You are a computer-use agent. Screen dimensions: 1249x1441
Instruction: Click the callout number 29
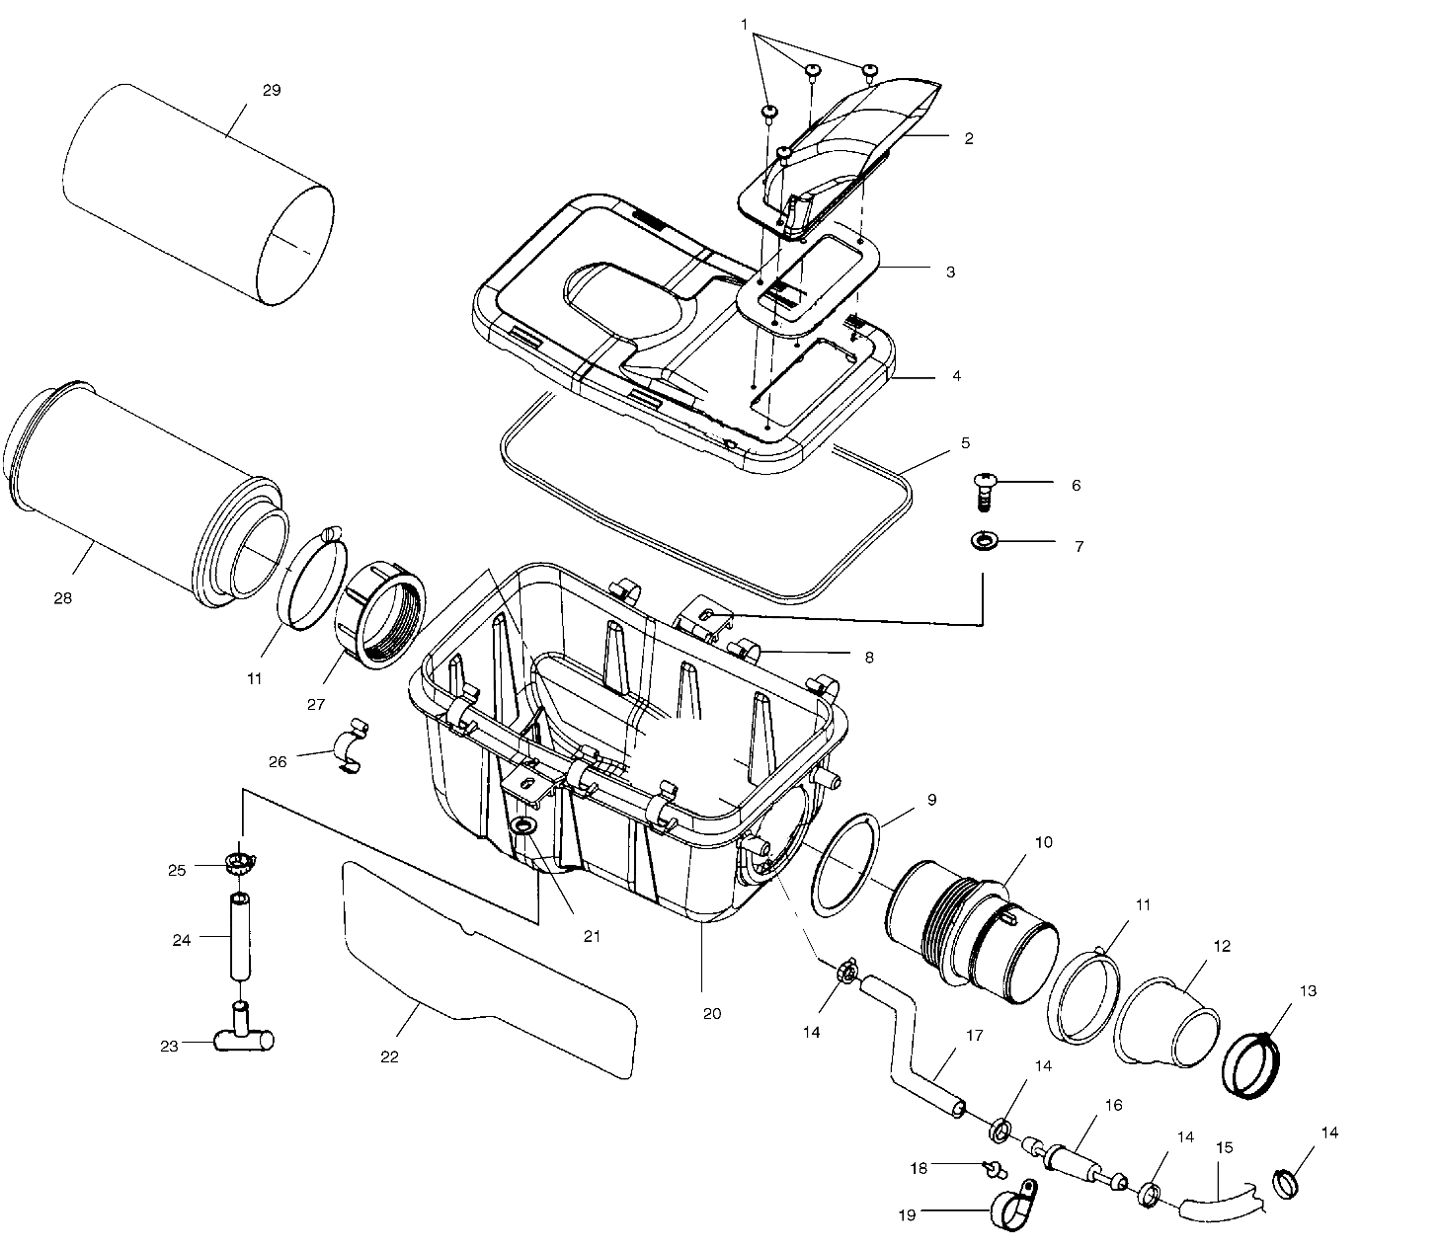(272, 90)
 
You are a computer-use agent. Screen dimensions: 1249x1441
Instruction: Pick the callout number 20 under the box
(712, 1014)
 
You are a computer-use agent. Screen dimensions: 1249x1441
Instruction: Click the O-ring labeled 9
(842, 866)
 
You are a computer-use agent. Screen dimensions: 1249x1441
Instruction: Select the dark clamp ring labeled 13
(1252, 1064)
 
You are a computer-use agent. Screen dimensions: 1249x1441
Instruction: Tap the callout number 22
(389, 1056)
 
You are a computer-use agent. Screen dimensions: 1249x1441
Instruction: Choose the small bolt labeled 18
(995, 1170)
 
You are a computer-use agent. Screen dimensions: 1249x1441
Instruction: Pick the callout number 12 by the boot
(1221, 947)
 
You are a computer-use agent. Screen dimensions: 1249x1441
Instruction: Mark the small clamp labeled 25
(240, 864)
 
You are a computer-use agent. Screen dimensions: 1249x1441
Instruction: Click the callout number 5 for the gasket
(965, 443)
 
